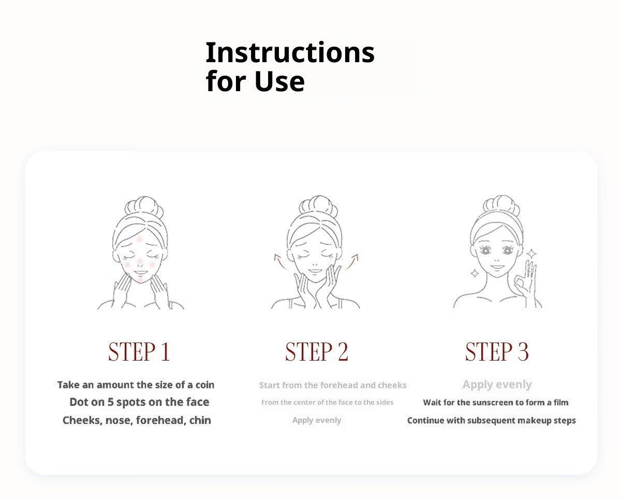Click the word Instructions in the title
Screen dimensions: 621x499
pyautogui.click(x=290, y=52)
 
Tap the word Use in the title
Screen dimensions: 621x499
pyautogui.click(x=279, y=81)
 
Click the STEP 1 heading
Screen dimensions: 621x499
pyautogui.click(x=139, y=351)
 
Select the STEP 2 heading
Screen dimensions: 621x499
pyautogui.click(x=317, y=351)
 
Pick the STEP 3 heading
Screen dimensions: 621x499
pyautogui.click(x=497, y=351)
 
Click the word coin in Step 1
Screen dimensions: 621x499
pyautogui.click(x=205, y=385)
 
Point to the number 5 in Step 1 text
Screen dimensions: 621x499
pyautogui.click(x=111, y=402)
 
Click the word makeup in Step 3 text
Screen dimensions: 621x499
pyautogui.click(x=534, y=420)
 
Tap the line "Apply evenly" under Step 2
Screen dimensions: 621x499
pyautogui.click(x=317, y=420)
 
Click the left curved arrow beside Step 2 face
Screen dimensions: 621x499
pyautogui.click(x=279, y=261)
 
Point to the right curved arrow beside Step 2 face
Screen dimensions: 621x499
pyautogui.click(x=352, y=261)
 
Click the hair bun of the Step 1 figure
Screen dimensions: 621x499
pyautogui.click(x=144, y=206)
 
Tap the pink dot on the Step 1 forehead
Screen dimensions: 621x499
pyautogui.click(x=140, y=239)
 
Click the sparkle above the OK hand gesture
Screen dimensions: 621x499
pyautogui.click(x=531, y=254)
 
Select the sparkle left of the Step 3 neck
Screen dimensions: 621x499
pyautogui.click(x=475, y=274)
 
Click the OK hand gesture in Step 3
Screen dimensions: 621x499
pyautogui.click(x=526, y=280)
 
